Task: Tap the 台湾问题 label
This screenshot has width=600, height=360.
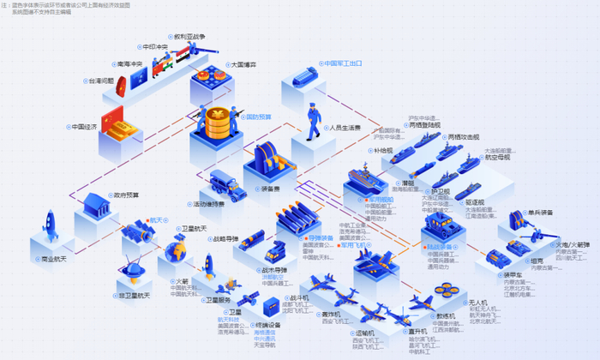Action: (100, 81)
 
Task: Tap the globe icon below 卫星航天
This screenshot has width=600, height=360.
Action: (176, 251)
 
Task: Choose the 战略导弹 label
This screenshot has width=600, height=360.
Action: (227, 239)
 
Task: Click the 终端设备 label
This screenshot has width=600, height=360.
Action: (267, 326)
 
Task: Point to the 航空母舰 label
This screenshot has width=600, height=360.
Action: (497, 158)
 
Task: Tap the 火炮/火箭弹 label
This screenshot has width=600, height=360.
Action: (573, 244)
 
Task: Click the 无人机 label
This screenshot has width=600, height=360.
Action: (477, 303)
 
